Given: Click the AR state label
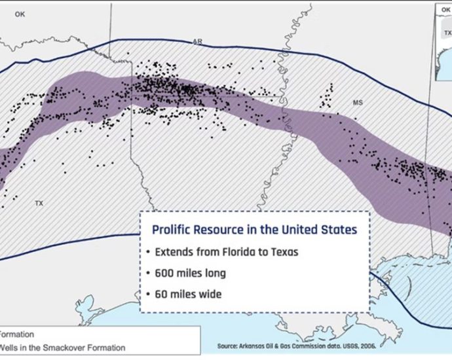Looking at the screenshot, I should [x=198, y=41].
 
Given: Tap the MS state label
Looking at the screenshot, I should [x=358, y=103].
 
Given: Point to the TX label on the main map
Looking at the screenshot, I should [x=39, y=204].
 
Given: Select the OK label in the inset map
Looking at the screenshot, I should [x=445, y=10].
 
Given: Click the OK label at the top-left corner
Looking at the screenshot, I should [x=20, y=13].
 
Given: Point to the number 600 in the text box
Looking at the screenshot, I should [x=164, y=273].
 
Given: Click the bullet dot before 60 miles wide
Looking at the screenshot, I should [x=148, y=295].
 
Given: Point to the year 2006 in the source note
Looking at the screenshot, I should [x=374, y=346].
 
